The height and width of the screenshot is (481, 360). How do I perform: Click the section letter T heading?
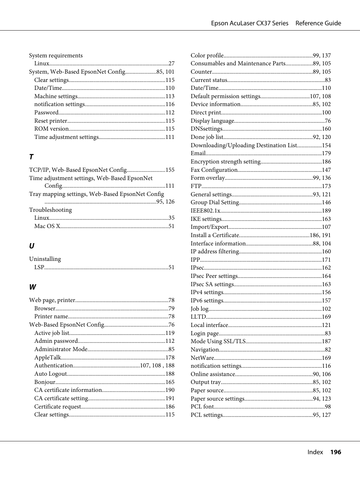coord(31,157)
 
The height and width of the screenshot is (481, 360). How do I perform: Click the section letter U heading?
coord(32,246)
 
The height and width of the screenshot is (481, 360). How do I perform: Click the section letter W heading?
coord(33,287)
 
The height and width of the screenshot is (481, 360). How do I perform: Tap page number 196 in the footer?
coord(335,452)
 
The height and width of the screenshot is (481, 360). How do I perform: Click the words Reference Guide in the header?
coord(318,23)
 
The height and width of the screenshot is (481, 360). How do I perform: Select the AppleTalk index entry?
coord(48,358)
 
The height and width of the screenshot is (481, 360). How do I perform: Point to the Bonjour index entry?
coord(45,382)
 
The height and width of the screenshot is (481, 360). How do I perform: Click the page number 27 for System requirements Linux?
coord(171,63)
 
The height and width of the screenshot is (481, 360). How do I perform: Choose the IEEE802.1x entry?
coord(205,211)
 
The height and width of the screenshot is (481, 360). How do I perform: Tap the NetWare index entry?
coord(202,358)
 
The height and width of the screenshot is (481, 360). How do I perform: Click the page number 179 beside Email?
coord(326,153)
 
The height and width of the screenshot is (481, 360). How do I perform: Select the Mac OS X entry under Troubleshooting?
coord(47,226)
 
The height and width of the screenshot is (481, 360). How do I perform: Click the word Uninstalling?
coord(45,259)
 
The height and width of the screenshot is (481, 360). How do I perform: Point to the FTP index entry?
coord(196,186)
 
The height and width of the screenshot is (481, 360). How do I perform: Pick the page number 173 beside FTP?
coord(326,186)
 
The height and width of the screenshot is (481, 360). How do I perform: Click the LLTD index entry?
coord(198,317)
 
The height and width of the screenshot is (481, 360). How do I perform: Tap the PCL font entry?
coord(202,407)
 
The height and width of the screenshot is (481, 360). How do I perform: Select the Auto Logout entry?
coord(51,374)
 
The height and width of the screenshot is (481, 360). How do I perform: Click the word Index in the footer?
coord(315,452)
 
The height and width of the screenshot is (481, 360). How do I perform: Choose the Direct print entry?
coord(206,113)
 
